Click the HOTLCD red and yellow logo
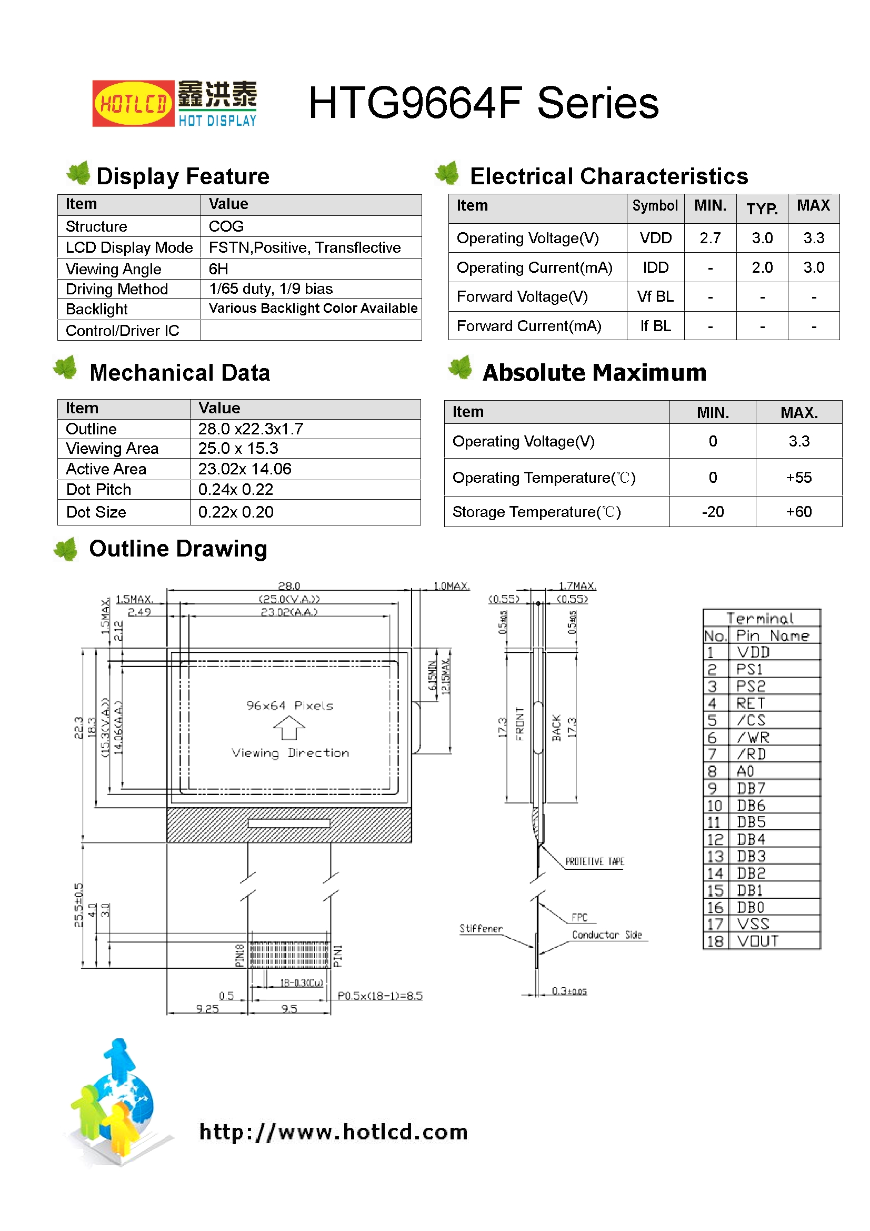click(x=133, y=104)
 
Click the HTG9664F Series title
click(x=483, y=103)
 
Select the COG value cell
click(x=226, y=226)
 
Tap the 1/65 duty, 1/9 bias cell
click(x=271, y=289)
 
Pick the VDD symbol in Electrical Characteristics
click(x=655, y=238)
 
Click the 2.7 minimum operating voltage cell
click(x=709, y=238)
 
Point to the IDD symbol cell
click(x=655, y=267)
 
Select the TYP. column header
click(x=762, y=208)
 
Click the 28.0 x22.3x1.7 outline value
click(x=251, y=429)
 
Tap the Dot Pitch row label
click(x=98, y=490)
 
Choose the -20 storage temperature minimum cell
click(x=713, y=512)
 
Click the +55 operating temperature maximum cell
click(x=798, y=478)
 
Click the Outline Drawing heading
click(x=178, y=549)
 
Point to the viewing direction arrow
click(x=289, y=729)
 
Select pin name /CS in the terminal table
click(x=751, y=720)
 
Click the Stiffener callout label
click(x=481, y=929)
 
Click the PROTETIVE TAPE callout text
click(x=594, y=861)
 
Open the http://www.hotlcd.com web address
click(x=333, y=1132)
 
